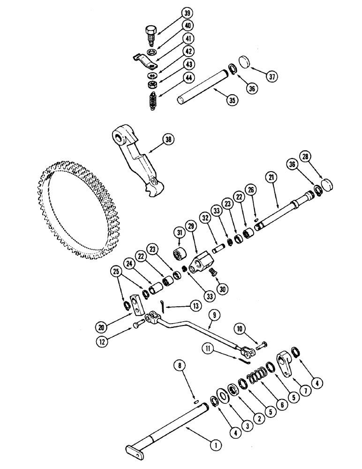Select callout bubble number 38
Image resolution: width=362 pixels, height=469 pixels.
[x=169, y=139]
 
